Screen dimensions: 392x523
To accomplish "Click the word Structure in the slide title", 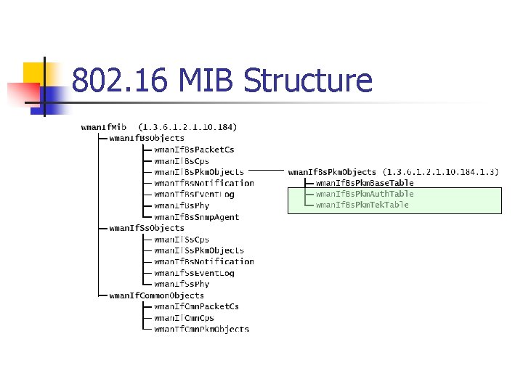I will click(x=308, y=81).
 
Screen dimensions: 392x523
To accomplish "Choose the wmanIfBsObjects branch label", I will click(x=147, y=138).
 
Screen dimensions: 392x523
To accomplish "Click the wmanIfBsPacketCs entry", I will click(x=194, y=150).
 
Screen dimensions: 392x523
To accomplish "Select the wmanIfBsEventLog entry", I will click(x=194, y=195).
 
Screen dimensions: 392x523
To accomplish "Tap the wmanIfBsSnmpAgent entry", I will click(x=196, y=217).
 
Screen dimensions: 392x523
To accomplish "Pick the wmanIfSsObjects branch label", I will click(x=147, y=228).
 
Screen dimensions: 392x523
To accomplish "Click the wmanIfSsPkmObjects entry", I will click(x=199, y=250).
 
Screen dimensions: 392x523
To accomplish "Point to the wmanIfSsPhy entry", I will click(x=182, y=284).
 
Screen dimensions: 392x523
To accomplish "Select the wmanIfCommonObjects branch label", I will click(x=156, y=295).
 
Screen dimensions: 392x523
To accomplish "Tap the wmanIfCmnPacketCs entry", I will click(x=196, y=306).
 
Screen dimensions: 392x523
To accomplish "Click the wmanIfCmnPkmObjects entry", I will click(x=201, y=329).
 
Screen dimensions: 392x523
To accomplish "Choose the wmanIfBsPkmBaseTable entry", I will click(x=364, y=183).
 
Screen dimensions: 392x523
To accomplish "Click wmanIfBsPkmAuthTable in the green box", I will click(x=364, y=194).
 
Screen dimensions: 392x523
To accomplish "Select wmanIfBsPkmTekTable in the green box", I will click(x=362, y=205).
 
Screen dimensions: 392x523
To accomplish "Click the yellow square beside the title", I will click(x=35, y=74).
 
